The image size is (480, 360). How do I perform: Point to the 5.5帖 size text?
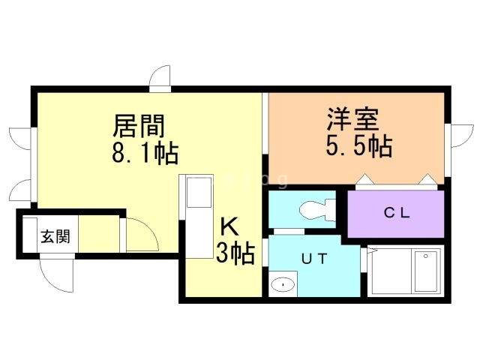(x=358, y=145)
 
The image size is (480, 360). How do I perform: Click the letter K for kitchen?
(x=229, y=226)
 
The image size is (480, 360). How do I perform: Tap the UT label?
(x=313, y=259)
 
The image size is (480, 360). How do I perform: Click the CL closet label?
(x=396, y=212)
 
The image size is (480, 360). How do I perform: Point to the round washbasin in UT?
(x=283, y=284)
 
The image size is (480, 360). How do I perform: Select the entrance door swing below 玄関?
(x=57, y=274)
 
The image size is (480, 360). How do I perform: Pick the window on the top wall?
(x=160, y=78)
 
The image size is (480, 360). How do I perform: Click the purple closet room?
(x=396, y=214)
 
